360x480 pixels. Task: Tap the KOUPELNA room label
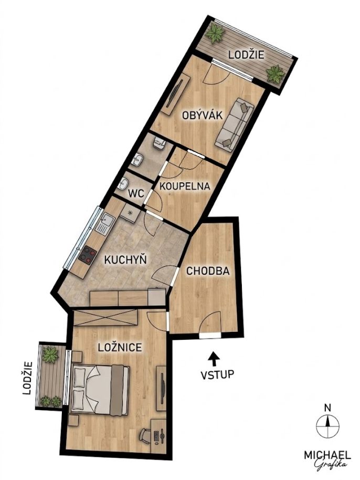(x=185, y=186)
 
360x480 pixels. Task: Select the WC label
(x=136, y=193)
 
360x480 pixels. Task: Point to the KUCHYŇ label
(x=126, y=259)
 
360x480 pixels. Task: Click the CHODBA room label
(x=208, y=271)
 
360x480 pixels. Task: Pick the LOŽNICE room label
(x=120, y=347)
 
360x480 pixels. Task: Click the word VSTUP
(x=217, y=374)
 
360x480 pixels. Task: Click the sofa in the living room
(x=235, y=124)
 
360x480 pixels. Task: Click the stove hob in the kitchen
(x=87, y=255)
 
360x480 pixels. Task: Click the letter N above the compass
(x=327, y=408)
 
